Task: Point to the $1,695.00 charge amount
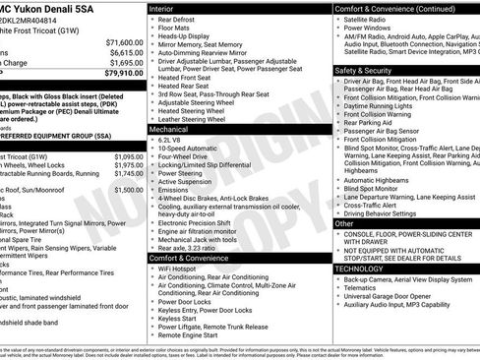[x=126, y=63]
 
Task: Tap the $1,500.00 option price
[x=128, y=190]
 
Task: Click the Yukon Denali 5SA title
[x=45, y=7]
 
